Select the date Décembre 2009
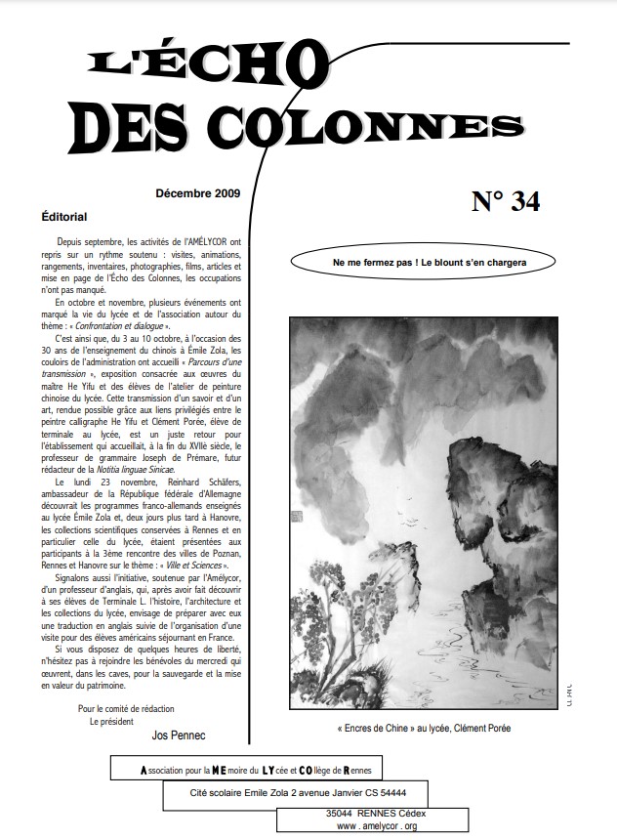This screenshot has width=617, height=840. click(198, 194)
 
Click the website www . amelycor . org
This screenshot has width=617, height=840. click(376, 826)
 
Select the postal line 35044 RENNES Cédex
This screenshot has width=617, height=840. click(375, 813)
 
